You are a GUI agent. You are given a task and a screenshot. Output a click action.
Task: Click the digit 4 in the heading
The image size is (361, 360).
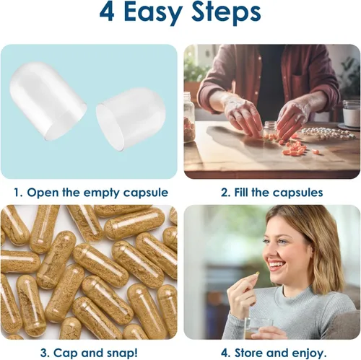107,12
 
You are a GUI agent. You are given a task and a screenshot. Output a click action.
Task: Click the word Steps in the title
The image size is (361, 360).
226,13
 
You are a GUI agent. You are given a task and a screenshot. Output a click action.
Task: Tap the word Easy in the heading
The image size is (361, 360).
153,14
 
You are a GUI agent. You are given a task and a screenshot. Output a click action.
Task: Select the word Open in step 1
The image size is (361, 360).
43,193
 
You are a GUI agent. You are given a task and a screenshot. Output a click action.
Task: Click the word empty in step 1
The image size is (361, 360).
99,193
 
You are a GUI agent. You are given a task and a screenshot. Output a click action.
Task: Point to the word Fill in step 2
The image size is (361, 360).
242,192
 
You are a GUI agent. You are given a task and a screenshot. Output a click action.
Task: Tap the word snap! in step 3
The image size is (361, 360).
122,354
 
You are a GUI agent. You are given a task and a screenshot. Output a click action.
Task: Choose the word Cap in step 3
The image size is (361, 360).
66,354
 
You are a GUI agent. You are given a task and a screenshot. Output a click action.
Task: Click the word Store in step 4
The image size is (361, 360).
249,353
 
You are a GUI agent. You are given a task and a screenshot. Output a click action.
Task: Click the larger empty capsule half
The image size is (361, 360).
48,100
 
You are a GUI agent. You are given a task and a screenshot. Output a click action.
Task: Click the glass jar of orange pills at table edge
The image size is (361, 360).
189,118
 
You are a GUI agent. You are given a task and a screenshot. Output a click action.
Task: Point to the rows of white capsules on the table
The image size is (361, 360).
328,133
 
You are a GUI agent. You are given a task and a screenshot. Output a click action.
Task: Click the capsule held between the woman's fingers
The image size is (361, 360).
257,273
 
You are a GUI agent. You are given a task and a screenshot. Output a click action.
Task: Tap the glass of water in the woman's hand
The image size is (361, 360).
258,328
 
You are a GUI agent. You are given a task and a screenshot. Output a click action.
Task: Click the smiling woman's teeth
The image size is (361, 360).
277,265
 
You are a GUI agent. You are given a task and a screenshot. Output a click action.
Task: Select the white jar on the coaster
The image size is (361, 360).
352,113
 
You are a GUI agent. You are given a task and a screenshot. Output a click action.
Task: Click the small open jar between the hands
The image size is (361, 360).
271,130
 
